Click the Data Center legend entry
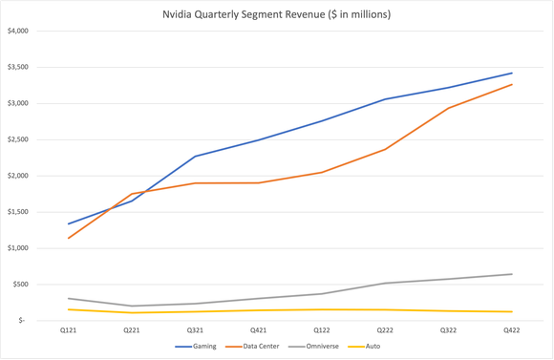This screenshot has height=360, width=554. pyautogui.click(x=260, y=346)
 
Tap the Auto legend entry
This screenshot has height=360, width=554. pyautogui.click(x=373, y=346)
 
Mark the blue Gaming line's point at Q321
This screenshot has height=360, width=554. pyautogui.click(x=195, y=157)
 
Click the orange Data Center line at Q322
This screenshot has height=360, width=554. pyautogui.click(x=449, y=108)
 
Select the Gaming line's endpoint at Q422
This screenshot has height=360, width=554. pyautogui.click(x=512, y=74)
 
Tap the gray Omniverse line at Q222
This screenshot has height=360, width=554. pyautogui.click(x=385, y=283)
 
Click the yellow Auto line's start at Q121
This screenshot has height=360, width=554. pyautogui.click(x=68, y=309)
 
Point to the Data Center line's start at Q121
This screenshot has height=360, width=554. pyautogui.click(x=68, y=238)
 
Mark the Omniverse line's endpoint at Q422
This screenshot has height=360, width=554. pyautogui.click(x=512, y=274)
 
